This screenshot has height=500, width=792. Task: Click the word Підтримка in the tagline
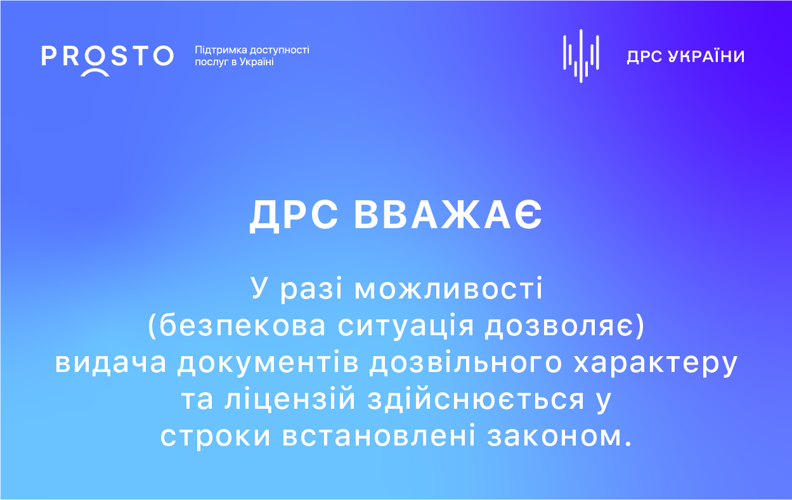coord(221,51)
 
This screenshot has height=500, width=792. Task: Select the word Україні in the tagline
coord(256,62)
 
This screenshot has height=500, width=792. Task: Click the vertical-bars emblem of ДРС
coord(581,56)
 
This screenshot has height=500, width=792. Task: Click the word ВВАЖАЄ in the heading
coord(448,215)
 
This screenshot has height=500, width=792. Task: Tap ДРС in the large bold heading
coord(294,215)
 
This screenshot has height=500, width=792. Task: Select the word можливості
coord(448,289)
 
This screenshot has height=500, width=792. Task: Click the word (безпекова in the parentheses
coord(236,326)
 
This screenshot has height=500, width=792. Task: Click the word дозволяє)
coord(564,326)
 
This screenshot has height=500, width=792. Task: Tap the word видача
coord(110,363)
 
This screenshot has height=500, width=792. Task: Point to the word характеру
coord(656,364)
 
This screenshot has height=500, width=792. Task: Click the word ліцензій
coord(290,399)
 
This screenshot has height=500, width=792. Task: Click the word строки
coord(216,437)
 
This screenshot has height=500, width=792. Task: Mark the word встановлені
coord(379,437)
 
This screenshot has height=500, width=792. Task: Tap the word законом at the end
coord(555,437)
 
